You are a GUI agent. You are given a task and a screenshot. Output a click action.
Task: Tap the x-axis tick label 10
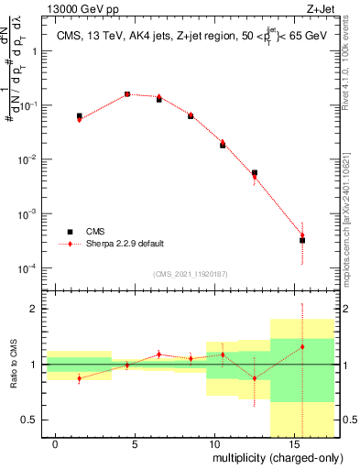coord(213,443)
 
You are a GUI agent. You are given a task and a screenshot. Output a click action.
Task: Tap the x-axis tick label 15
coord(292,443)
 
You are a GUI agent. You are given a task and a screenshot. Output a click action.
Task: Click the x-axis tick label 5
coord(135,443)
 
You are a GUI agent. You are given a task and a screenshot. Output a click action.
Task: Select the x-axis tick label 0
coord(56,443)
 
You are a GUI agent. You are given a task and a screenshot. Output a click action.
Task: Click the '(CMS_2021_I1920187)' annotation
coord(189,274)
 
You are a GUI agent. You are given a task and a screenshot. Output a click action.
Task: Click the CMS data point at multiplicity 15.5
coord(301,240)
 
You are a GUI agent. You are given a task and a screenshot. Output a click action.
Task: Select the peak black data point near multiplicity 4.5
coord(127,94)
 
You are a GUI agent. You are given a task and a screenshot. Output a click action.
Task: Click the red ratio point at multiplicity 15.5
coord(301,347)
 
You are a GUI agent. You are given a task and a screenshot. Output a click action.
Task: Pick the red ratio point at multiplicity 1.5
coord(80,378)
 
